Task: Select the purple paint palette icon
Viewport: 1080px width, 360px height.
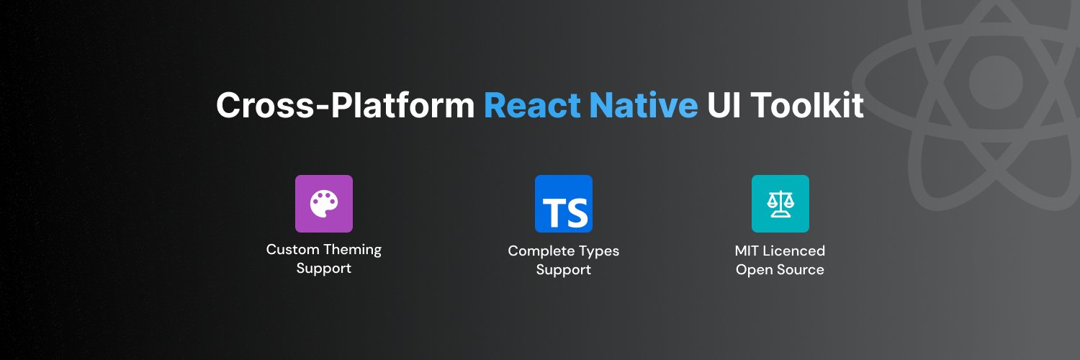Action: coord(324,204)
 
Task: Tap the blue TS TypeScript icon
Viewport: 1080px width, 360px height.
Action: coord(564,204)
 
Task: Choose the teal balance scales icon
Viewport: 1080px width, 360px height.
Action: coord(780,204)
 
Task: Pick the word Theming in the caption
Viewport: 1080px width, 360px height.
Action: coord(353,251)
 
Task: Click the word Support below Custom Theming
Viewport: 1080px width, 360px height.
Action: coord(324,269)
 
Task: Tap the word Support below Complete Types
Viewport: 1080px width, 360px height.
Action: coord(564,270)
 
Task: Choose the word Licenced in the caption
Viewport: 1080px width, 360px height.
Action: coord(796,251)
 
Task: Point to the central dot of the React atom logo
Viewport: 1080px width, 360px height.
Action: coord(996,81)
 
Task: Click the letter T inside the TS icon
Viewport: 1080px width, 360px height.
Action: coord(554,212)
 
